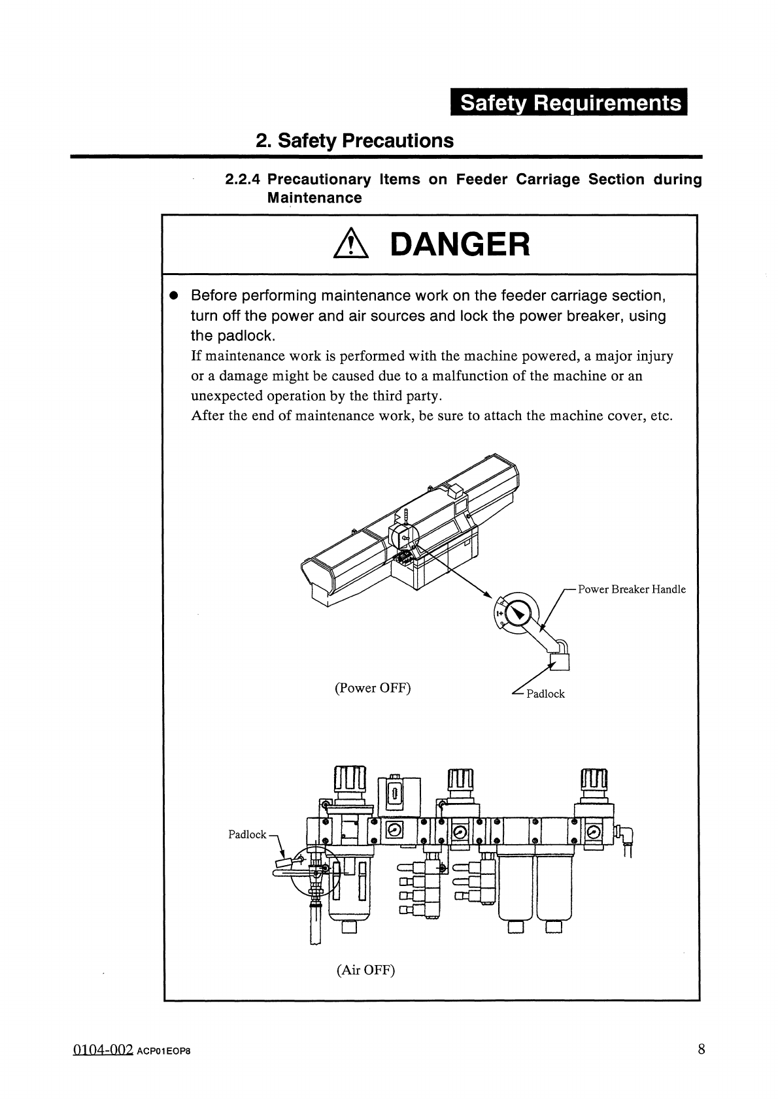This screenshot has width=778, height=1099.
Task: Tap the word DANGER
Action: tap(459, 245)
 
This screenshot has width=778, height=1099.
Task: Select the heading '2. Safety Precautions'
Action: tap(354, 140)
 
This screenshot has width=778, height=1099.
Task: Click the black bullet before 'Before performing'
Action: tap(174, 295)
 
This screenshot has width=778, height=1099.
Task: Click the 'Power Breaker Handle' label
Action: tap(632, 589)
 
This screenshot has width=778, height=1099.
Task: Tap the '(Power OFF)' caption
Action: tap(373, 688)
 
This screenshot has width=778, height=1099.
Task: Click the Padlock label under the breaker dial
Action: tap(545, 694)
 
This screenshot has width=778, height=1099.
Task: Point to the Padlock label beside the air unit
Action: tap(247, 834)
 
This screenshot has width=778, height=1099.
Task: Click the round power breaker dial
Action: tap(518, 614)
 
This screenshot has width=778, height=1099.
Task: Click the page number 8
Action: tap(702, 1050)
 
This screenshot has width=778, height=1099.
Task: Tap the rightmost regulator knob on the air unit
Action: tap(594, 779)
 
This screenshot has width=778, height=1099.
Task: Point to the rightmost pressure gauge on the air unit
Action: tap(594, 832)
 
